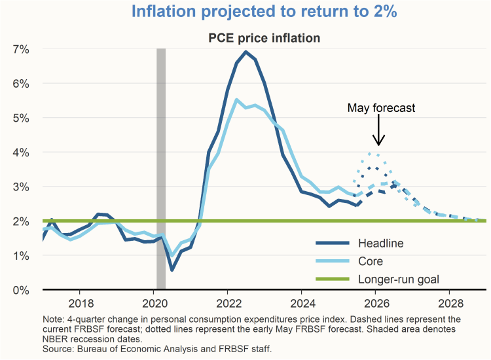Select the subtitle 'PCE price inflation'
coord(264,38)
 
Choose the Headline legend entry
coord(380,243)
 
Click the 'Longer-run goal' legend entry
coord(398,279)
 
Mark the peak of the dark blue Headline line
coord(245,52)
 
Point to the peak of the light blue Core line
coord(236,99)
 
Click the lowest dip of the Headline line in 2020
coord(172,270)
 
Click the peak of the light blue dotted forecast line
coord(371,153)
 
